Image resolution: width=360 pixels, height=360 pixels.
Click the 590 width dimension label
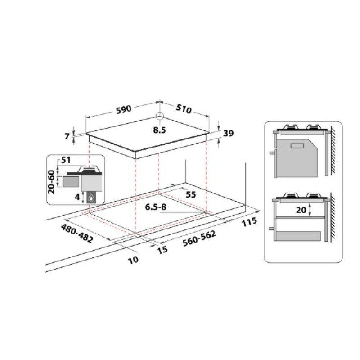pos(123,108)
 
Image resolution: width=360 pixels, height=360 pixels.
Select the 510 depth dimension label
pos(184,109)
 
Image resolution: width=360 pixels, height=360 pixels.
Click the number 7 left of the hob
pos(68,136)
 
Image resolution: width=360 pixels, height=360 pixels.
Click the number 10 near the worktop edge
pos(132,259)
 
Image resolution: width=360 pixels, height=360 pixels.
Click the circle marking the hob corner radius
pos(159,116)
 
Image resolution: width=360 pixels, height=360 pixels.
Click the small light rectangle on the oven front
pos(298,146)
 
